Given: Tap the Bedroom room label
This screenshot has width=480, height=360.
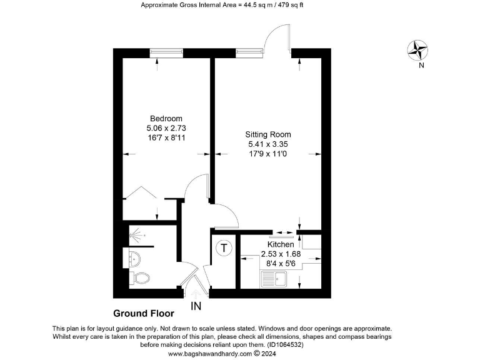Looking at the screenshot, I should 166,119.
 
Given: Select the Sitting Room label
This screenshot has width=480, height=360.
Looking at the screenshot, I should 267,134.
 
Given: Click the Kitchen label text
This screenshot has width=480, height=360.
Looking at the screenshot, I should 281,244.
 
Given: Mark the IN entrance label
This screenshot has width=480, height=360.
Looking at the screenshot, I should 196,306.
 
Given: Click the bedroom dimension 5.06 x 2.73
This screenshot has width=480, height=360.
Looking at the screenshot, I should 166,128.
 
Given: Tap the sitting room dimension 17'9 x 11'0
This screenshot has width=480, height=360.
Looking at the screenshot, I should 267,153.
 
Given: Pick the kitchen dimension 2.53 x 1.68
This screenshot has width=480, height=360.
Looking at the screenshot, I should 281,254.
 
